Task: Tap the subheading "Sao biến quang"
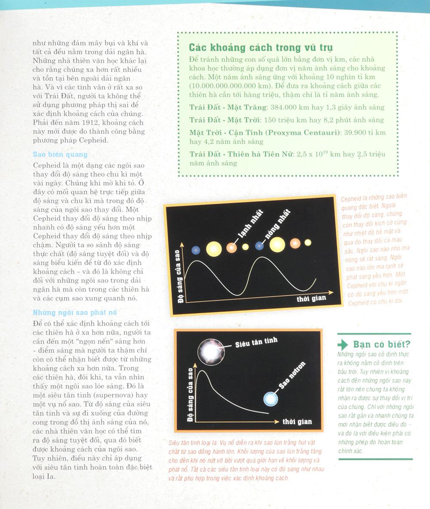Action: [60, 154]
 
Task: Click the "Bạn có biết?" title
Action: [381, 344]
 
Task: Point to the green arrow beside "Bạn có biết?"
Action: [343, 345]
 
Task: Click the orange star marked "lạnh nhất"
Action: [232, 248]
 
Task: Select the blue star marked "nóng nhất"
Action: [259, 246]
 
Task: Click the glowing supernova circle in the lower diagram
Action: [211, 351]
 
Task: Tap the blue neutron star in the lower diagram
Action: [271, 399]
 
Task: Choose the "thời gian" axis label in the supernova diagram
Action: [297, 421]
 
